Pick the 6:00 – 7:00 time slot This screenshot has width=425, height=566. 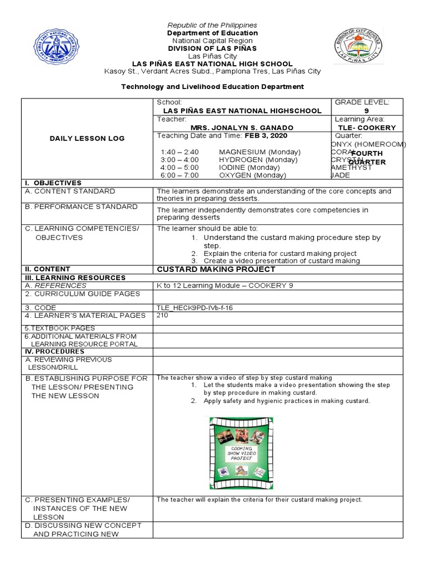(x=179, y=175)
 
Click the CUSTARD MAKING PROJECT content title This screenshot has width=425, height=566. (x=216, y=269)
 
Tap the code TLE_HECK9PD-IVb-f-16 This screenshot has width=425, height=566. (x=195, y=308)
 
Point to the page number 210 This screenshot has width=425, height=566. (x=163, y=316)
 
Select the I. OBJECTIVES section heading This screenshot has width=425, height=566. (x=53, y=183)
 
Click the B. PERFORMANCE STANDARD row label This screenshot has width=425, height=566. (x=81, y=207)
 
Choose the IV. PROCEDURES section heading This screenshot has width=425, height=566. (x=54, y=352)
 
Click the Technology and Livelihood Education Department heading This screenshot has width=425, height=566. (x=212, y=87)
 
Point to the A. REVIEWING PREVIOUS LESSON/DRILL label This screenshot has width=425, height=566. (x=69, y=363)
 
